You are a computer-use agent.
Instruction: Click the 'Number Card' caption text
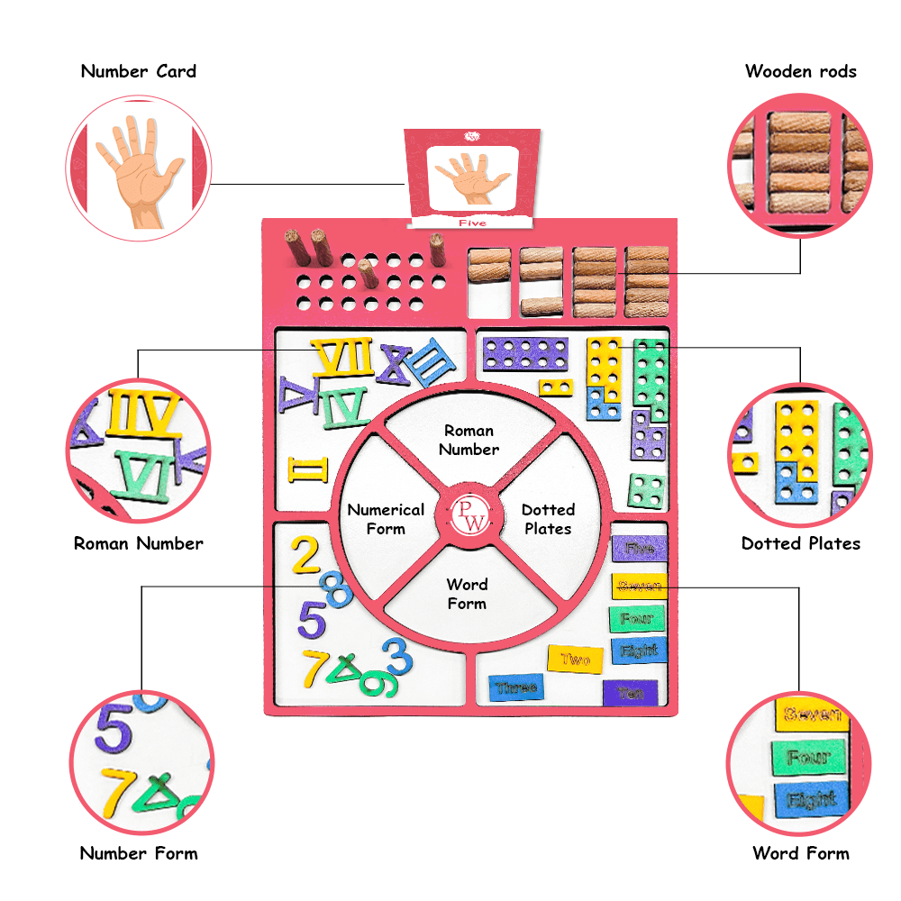[x=138, y=72]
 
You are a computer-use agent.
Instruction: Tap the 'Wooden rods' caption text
[x=800, y=72]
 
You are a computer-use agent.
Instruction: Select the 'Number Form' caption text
[x=138, y=853]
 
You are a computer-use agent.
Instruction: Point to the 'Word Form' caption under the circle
[x=800, y=853]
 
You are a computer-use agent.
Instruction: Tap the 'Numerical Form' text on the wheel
[x=386, y=519]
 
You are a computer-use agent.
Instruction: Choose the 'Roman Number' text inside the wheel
[x=469, y=440]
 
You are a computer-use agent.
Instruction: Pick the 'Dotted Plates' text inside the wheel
[x=548, y=519]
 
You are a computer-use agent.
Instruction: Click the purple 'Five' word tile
[x=639, y=548]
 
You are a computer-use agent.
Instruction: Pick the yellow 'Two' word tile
[x=575, y=660]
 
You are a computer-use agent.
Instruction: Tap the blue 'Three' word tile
[x=516, y=687]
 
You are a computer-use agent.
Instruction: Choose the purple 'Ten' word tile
[x=631, y=693]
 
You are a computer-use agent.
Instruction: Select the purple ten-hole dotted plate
[x=525, y=353]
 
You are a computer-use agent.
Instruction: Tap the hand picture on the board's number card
[x=472, y=176]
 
